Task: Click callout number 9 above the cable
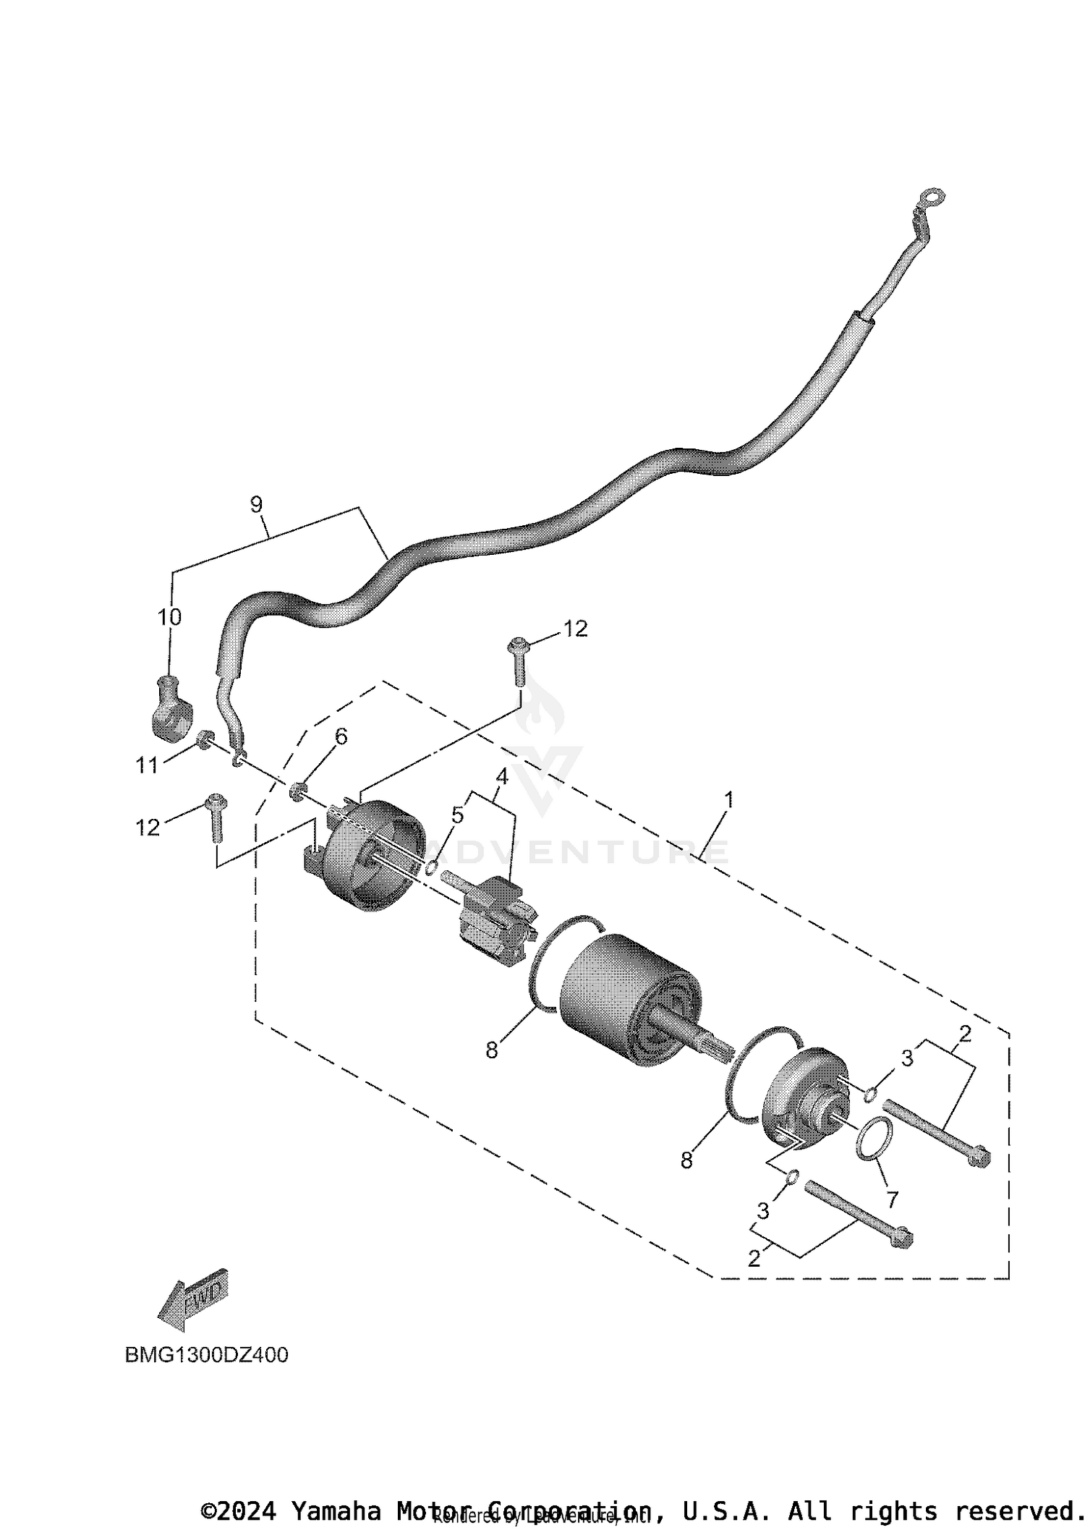[x=256, y=504]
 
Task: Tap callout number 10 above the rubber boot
[x=170, y=617]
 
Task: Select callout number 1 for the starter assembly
[x=729, y=799]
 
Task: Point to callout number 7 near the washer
[x=892, y=1199]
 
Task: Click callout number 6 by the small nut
[x=341, y=736]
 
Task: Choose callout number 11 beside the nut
[x=147, y=765]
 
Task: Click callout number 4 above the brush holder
[x=501, y=777]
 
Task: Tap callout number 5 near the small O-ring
[x=457, y=815]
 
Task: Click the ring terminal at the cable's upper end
[x=932, y=196]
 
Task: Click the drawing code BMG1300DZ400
[x=207, y=1354]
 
